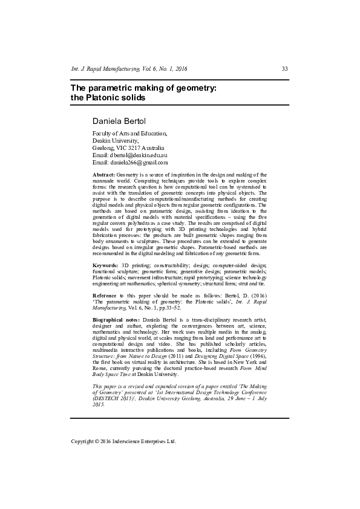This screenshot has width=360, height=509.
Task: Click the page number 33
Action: click(285, 69)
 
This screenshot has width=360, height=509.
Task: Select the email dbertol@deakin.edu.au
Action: click(133, 155)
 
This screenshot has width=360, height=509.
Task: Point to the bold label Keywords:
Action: click(105, 265)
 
